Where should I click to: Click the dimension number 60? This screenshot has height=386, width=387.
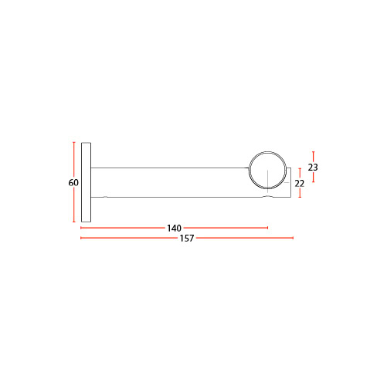pyautogui.click(x=73, y=183)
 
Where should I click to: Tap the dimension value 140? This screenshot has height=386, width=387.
pyautogui.click(x=174, y=228)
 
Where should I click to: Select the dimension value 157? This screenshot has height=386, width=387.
pyautogui.click(x=187, y=239)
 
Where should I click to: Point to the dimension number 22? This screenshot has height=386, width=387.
pyautogui.click(x=300, y=184)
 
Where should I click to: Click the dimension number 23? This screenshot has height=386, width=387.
pyautogui.click(x=313, y=168)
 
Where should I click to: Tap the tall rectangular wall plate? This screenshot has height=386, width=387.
pyautogui.click(x=86, y=182)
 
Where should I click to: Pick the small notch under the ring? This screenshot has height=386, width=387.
pyautogui.click(x=268, y=196)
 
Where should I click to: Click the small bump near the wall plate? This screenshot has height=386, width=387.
pyautogui.click(x=105, y=197)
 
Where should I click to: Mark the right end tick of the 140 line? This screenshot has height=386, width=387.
pyautogui.click(x=268, y=228)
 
